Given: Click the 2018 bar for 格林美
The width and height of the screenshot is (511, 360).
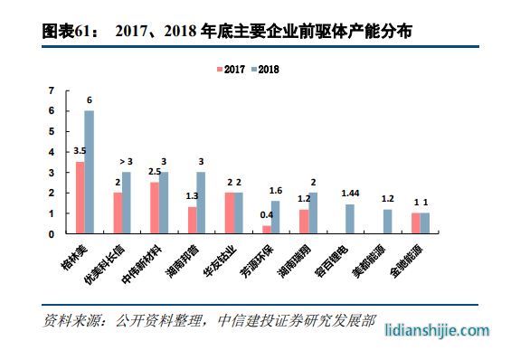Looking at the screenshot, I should (90, 172).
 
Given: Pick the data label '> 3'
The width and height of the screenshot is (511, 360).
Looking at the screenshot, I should (127, 161).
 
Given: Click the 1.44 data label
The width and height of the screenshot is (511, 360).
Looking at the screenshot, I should (350, 194).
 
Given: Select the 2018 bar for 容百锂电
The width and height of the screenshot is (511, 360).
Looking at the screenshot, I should (350, 218).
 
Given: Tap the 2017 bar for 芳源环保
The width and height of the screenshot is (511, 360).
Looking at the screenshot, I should (266, 229).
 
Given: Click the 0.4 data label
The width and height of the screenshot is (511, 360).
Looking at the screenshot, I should (266, 215).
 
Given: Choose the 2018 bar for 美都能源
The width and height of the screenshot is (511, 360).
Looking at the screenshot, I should (387, 222).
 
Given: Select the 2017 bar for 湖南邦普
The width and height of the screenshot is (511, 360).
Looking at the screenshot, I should (192, 220).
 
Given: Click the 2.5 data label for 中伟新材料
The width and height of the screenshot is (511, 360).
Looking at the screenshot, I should (154, 171).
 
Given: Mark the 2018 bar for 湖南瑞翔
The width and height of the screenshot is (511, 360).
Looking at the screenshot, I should (313, 213).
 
